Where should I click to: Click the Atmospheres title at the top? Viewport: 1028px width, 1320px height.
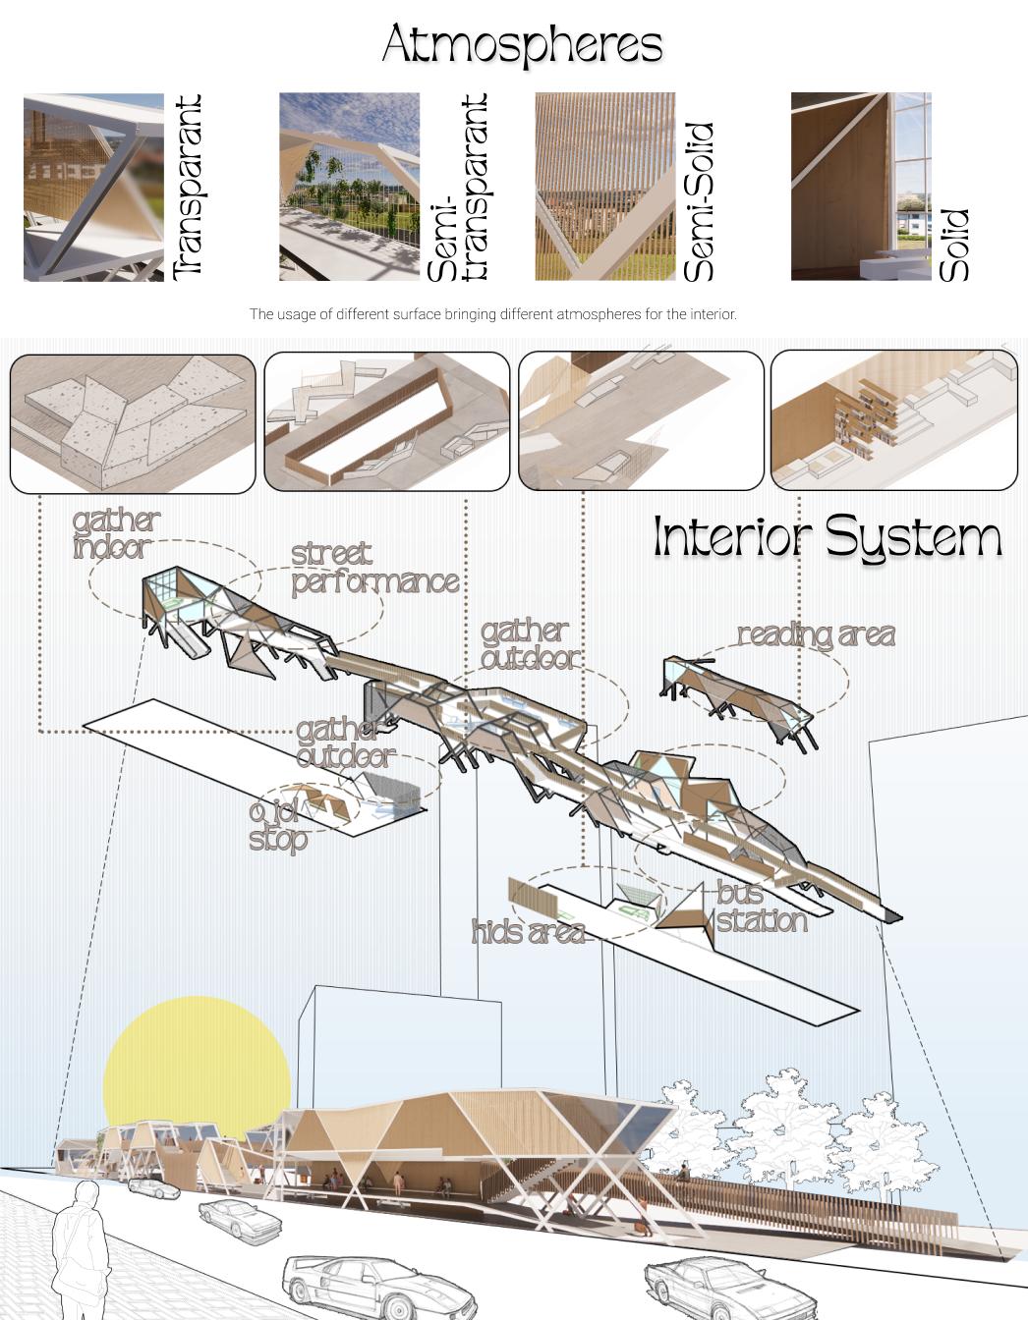(x=522, y=45)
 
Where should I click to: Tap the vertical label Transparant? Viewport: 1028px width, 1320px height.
(x=187, y=187)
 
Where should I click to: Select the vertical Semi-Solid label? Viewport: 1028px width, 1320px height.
(x=698, y=202)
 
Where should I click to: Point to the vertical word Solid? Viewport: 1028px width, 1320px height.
(x=954, y=245)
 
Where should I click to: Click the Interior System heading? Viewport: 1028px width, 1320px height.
(x=828, y=538)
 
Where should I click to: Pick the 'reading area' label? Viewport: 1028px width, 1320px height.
(x=816, y=635)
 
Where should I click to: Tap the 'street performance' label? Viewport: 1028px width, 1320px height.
(x=374, y=569)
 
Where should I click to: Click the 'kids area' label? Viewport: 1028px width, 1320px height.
(x=529, y=932)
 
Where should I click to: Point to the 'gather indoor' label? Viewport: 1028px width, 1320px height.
(x=115, y=534)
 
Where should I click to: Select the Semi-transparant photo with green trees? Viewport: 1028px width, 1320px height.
(x=349, y=187)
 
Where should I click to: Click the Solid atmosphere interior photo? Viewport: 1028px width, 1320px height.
(x=860, y=187)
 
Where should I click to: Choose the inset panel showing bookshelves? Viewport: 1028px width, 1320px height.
(x=893, y=420)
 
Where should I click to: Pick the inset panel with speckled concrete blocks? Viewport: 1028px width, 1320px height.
(x=133, y=423)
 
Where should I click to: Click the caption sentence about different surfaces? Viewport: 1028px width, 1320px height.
(x=492, y=314)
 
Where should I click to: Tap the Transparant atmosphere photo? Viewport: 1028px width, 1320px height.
(x=93, y=187)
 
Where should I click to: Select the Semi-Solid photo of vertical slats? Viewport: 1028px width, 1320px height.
(x=604, y=187)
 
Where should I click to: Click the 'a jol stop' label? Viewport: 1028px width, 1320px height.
(x=277, y=825)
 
